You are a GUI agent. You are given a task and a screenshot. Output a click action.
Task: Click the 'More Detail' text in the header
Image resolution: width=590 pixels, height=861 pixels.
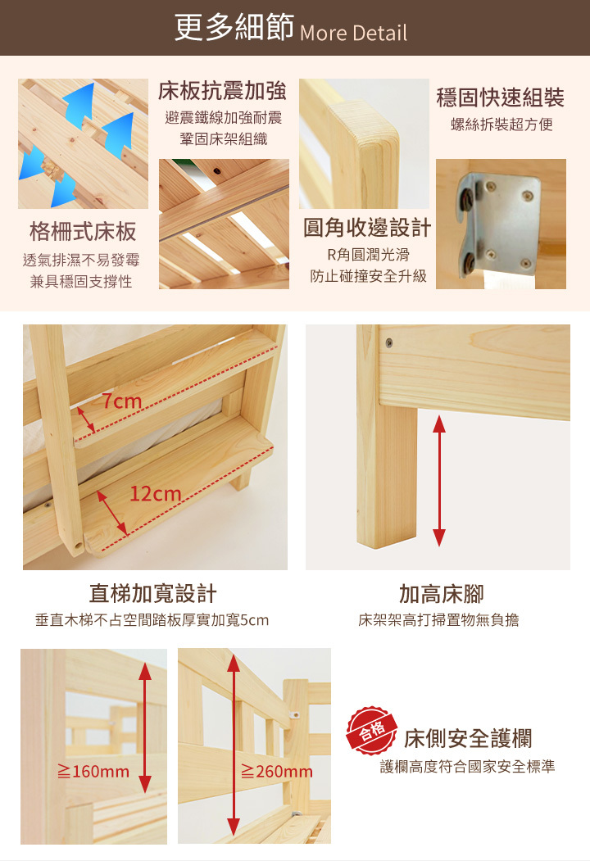tap(353, 33)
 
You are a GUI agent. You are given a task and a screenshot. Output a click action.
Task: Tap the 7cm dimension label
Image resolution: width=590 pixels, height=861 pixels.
tap(122, 401)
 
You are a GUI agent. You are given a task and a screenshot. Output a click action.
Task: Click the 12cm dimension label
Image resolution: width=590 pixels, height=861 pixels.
tap(156, 494)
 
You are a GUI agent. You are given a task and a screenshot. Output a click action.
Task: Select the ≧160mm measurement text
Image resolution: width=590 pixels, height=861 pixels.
tap(93, 772)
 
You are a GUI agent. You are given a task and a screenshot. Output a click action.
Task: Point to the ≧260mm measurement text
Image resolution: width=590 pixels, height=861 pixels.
tap(277, 772)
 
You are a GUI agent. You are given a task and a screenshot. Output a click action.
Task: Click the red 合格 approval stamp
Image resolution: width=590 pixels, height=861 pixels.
tap(372, 731)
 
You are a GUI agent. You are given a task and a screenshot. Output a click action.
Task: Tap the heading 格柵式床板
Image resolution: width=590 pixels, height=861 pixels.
tap(83, 232)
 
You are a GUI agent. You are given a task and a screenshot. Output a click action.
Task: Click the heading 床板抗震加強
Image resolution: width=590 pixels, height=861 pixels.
tap(223, 91)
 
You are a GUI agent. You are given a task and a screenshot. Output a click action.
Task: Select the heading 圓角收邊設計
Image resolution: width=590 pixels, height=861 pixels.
tap(367, 227)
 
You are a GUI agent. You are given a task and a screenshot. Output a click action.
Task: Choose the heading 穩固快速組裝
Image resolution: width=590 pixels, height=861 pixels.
tap(501, 97)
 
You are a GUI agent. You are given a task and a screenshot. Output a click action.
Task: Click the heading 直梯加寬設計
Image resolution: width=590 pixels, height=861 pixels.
tap(152, 594)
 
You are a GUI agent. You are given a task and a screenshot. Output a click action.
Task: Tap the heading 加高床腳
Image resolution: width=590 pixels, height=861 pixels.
tap(441, 594)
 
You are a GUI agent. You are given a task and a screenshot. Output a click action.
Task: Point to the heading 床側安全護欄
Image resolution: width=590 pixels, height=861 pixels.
tap(468, 739)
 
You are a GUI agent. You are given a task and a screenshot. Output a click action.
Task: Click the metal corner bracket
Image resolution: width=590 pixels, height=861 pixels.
tap(497, 224)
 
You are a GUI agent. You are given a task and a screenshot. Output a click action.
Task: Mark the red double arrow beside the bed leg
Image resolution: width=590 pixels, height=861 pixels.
tap(439, 480)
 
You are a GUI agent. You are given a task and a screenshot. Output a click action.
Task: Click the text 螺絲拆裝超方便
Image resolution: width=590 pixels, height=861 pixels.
tap(501, 125)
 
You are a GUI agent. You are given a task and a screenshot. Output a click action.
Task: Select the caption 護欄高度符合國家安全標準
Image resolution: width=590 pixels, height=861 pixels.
tap(468, 767)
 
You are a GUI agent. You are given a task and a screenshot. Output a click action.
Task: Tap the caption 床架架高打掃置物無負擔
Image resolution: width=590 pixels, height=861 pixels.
tap(438, 620)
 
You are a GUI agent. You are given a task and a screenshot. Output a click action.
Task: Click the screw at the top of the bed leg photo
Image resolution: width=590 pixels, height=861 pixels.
tap(389, 343)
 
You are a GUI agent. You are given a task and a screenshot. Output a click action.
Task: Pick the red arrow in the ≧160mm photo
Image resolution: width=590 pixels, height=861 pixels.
tap(145, 727)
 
